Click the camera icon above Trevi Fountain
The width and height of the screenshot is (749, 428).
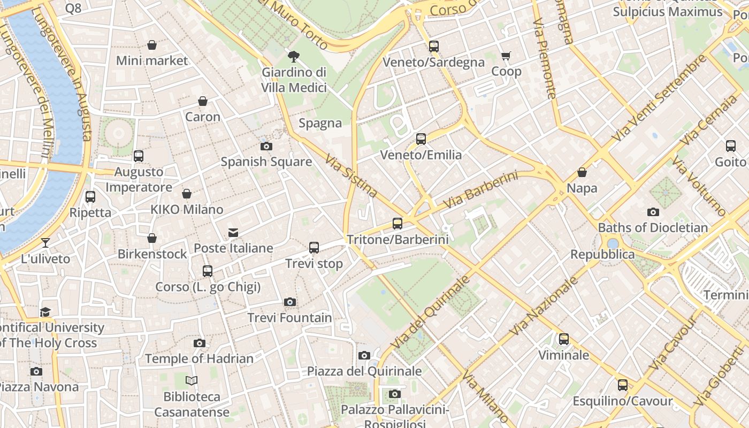289,302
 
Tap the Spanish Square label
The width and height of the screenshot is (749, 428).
266,162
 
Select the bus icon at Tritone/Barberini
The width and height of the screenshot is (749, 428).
397,224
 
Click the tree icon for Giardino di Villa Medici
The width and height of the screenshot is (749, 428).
293,56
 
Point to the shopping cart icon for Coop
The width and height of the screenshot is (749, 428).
506,56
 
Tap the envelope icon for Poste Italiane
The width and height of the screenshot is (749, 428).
233,233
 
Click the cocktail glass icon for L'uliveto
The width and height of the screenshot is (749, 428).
45,243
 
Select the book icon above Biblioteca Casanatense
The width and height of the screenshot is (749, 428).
192,381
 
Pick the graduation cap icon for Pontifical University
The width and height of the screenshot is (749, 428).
45,312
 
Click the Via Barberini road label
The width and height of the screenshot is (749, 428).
480,190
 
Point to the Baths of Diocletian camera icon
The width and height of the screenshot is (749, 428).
653,212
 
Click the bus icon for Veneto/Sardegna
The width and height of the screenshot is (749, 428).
433,47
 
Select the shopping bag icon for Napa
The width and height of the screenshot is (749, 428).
582,172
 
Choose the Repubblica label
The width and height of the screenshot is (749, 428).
602,254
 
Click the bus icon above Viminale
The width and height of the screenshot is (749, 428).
563,339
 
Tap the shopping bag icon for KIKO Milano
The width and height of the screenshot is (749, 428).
187,194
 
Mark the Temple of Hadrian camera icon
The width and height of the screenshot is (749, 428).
199,343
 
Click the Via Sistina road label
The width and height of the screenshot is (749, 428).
351,175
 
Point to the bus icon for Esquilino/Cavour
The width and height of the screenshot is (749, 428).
622,385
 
